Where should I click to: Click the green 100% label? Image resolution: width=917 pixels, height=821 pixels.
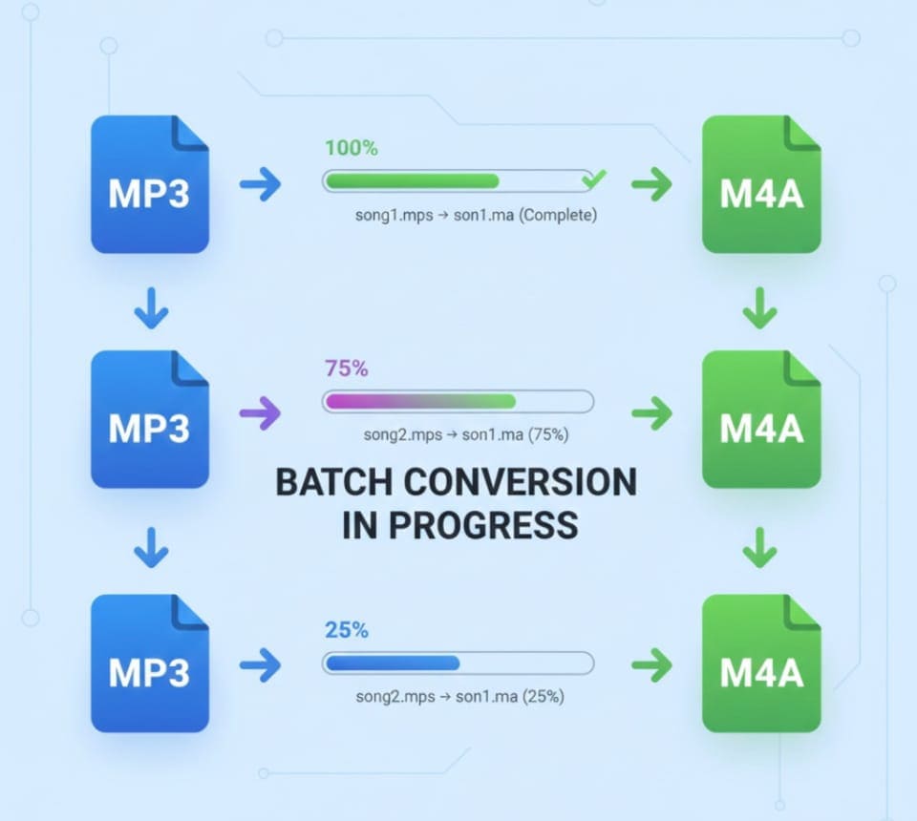tap(351, 148)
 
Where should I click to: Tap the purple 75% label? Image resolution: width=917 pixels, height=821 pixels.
tap(346, 368)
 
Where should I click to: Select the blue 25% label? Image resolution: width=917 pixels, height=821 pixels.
tap(346, 629)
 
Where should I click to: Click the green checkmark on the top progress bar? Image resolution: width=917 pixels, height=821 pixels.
tap(593, 179)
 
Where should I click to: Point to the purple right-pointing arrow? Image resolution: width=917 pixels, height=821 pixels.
tap(260, 413)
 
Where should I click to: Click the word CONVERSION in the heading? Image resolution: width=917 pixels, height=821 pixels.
tap(520, 482)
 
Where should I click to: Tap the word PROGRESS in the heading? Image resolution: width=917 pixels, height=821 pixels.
tap(483, 524)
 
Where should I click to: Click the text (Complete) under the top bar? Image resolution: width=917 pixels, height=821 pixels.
tap(558, 215)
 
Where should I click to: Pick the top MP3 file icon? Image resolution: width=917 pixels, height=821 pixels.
tap(150, 184)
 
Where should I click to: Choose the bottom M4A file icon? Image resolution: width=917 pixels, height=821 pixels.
tap(761, 663)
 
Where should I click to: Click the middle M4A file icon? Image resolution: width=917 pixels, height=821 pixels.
tap(761, 419)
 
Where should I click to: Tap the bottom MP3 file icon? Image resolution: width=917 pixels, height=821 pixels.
tap(150, 663)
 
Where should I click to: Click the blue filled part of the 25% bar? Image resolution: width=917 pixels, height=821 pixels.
tap(393, 663)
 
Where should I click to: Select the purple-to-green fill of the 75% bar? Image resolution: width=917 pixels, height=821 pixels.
tap(420, 402)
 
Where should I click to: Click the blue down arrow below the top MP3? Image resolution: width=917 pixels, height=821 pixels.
tap(152, 308)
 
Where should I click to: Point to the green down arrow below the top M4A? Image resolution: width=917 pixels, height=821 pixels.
tap(759, 308)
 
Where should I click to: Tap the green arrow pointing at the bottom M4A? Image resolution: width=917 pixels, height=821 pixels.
tap(652, 665)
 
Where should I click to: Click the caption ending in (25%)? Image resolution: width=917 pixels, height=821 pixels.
tap(459, 697)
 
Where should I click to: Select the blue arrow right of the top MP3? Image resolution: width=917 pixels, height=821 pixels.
tap(260, 184)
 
